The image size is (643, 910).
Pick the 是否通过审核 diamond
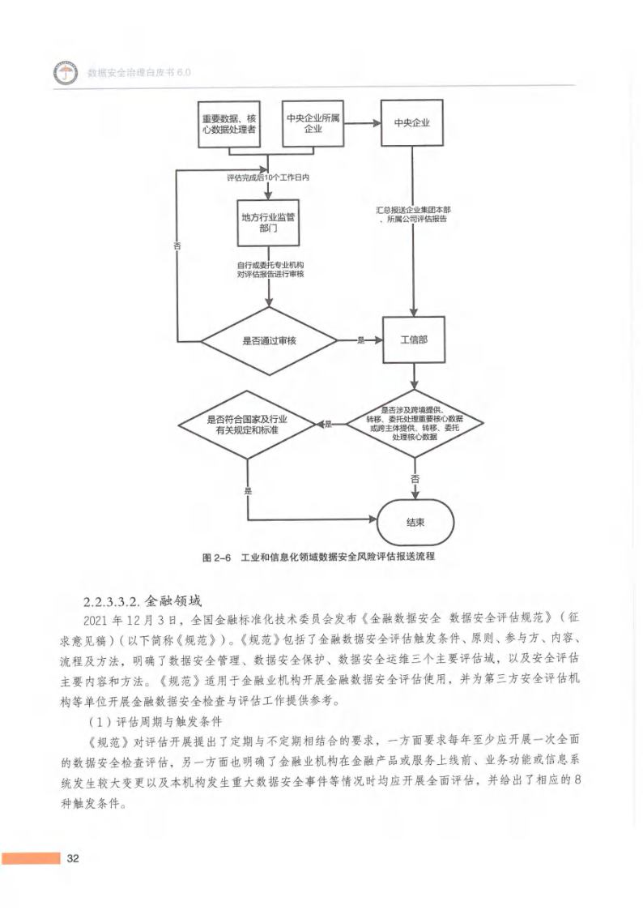tap(269, 341)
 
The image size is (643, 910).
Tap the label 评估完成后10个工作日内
tap(268, 177)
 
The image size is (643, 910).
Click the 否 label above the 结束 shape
tap(415, 479)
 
